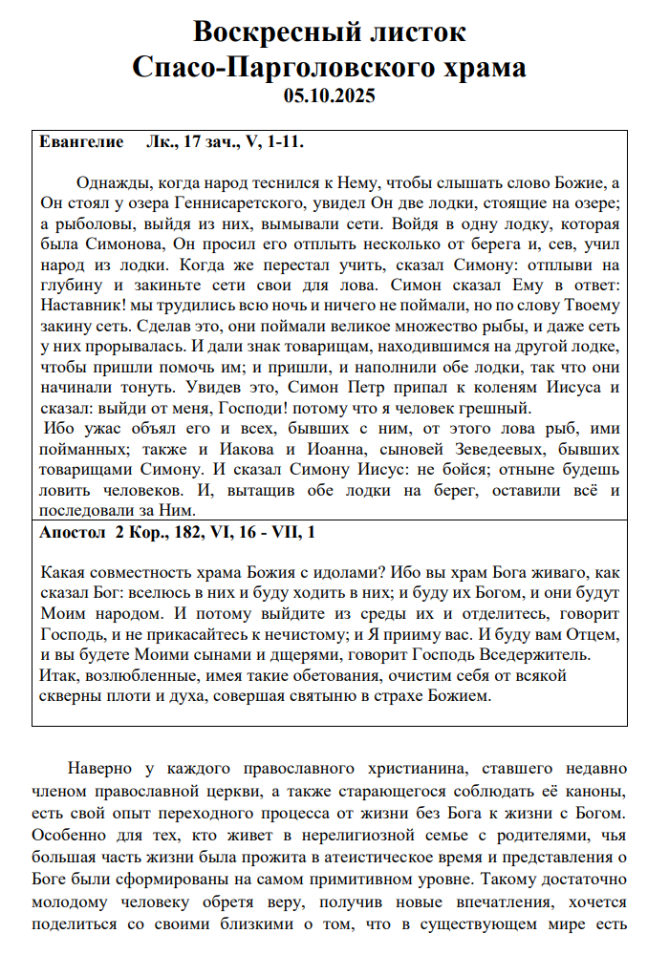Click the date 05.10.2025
tap(330, 95)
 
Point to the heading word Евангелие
tap(81, 142)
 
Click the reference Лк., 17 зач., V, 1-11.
tap(226, 142)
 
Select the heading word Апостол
tap(75, 532)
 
